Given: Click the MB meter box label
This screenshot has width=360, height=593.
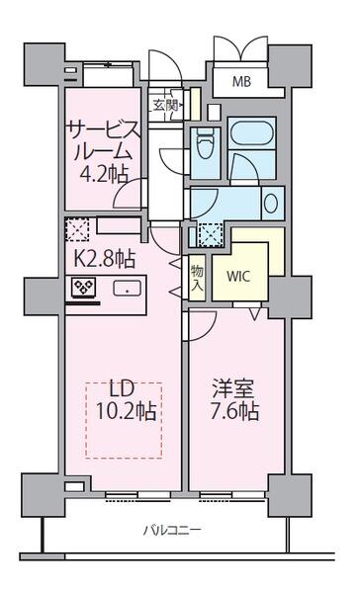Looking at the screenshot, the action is tap(241, 81).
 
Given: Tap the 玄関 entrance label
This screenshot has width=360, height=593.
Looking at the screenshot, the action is tap(165, 106).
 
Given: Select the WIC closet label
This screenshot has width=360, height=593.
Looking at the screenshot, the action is tap(238, 277).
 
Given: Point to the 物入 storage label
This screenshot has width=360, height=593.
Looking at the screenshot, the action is tap(197, 278).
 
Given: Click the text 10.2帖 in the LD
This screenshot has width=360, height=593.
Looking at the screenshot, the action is tap(126, 411).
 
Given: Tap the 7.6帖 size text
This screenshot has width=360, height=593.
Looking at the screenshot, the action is tap(234, 411).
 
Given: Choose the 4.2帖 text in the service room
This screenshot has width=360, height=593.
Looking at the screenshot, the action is tap(103, 174).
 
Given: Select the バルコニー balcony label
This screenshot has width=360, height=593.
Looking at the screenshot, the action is tap(171, 530).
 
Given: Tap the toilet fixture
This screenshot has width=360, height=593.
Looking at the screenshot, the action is tap(205, 146).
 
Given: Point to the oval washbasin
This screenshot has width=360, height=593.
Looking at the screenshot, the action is tap(271, 203).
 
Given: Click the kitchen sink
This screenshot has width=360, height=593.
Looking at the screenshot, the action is tap(128, 289).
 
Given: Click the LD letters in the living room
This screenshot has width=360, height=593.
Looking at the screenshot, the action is tap(122, 388).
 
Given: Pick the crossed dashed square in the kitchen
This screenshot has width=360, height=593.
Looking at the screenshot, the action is tap(77, 229).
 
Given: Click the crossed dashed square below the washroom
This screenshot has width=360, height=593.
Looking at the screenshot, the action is tap(211, 235).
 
